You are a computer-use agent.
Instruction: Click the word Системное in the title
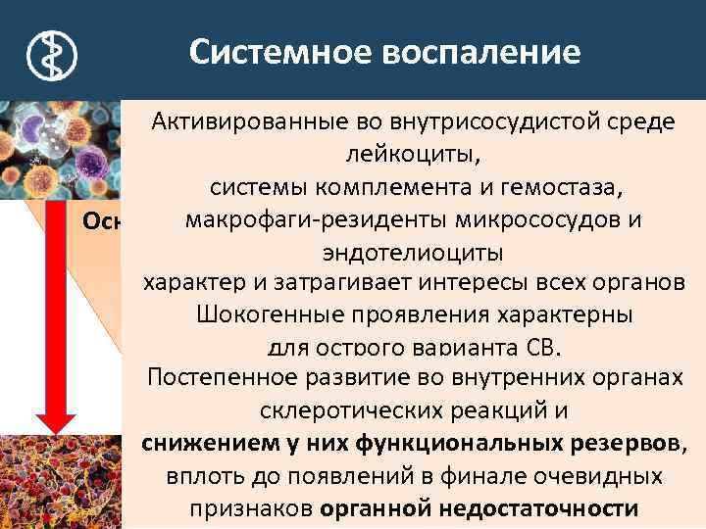coord(277,52)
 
